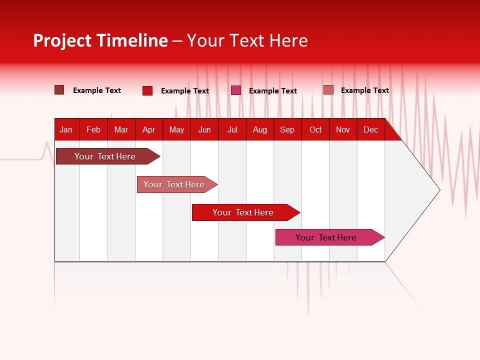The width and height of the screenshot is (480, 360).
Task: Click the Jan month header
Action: point(66,129)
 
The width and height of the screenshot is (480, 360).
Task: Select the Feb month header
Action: point(93,129)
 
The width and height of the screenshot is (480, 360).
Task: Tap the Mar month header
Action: point(121,129)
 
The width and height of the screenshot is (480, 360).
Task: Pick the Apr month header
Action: point(148,129)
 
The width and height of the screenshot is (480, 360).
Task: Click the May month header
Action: point(176,129)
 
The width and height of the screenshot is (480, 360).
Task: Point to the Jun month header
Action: point(204,129)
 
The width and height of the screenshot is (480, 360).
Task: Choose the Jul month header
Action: point(232,129)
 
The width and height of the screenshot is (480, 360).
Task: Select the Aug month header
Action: point(260,129)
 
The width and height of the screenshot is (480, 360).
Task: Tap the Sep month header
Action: point(287,129)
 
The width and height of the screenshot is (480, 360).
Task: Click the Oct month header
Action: point(315,129)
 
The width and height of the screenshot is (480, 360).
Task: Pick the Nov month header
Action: point(343,129)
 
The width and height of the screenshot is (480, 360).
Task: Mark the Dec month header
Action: point(371,129)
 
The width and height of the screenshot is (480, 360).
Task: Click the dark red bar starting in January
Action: point(105,156)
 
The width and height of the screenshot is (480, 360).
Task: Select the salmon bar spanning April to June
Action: point(174,184)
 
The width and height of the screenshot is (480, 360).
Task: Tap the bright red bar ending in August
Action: point(243,212)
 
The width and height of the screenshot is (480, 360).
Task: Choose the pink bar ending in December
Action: point(326,237)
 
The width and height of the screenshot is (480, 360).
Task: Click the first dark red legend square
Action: point(59,90)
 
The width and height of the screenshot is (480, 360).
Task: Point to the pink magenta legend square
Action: point(236,90)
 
